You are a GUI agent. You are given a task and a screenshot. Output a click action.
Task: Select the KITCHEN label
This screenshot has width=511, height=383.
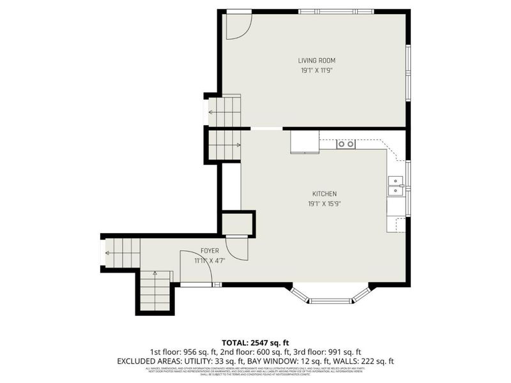[x=324, y=194]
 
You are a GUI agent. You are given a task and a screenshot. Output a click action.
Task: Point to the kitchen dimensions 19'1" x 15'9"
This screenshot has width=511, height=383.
[x=324, y=204]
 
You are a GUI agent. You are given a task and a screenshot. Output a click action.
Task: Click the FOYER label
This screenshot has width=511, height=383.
[x=210, y=251]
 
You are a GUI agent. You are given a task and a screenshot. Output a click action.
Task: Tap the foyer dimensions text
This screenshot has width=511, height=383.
[x=210, y=260]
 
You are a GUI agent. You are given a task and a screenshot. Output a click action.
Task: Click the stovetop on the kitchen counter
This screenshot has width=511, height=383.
[x=346, y=144]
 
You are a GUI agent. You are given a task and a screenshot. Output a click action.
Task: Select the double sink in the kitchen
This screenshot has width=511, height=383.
[x=396, y=186]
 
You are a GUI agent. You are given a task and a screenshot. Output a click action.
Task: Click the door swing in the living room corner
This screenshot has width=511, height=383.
[x=239, y=24]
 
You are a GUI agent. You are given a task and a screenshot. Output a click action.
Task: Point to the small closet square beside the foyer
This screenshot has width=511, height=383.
[x=237, y=224]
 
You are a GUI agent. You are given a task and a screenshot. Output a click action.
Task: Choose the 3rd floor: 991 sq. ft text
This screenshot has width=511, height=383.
[x=339, y=352]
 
